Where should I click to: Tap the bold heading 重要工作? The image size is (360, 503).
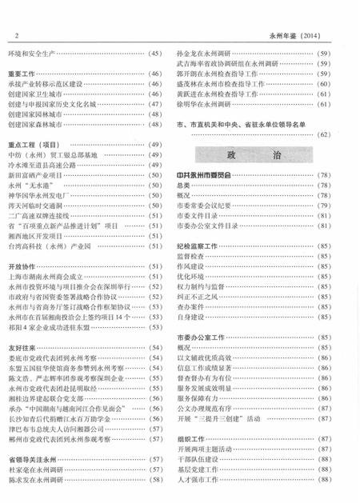tap(23, 73)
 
